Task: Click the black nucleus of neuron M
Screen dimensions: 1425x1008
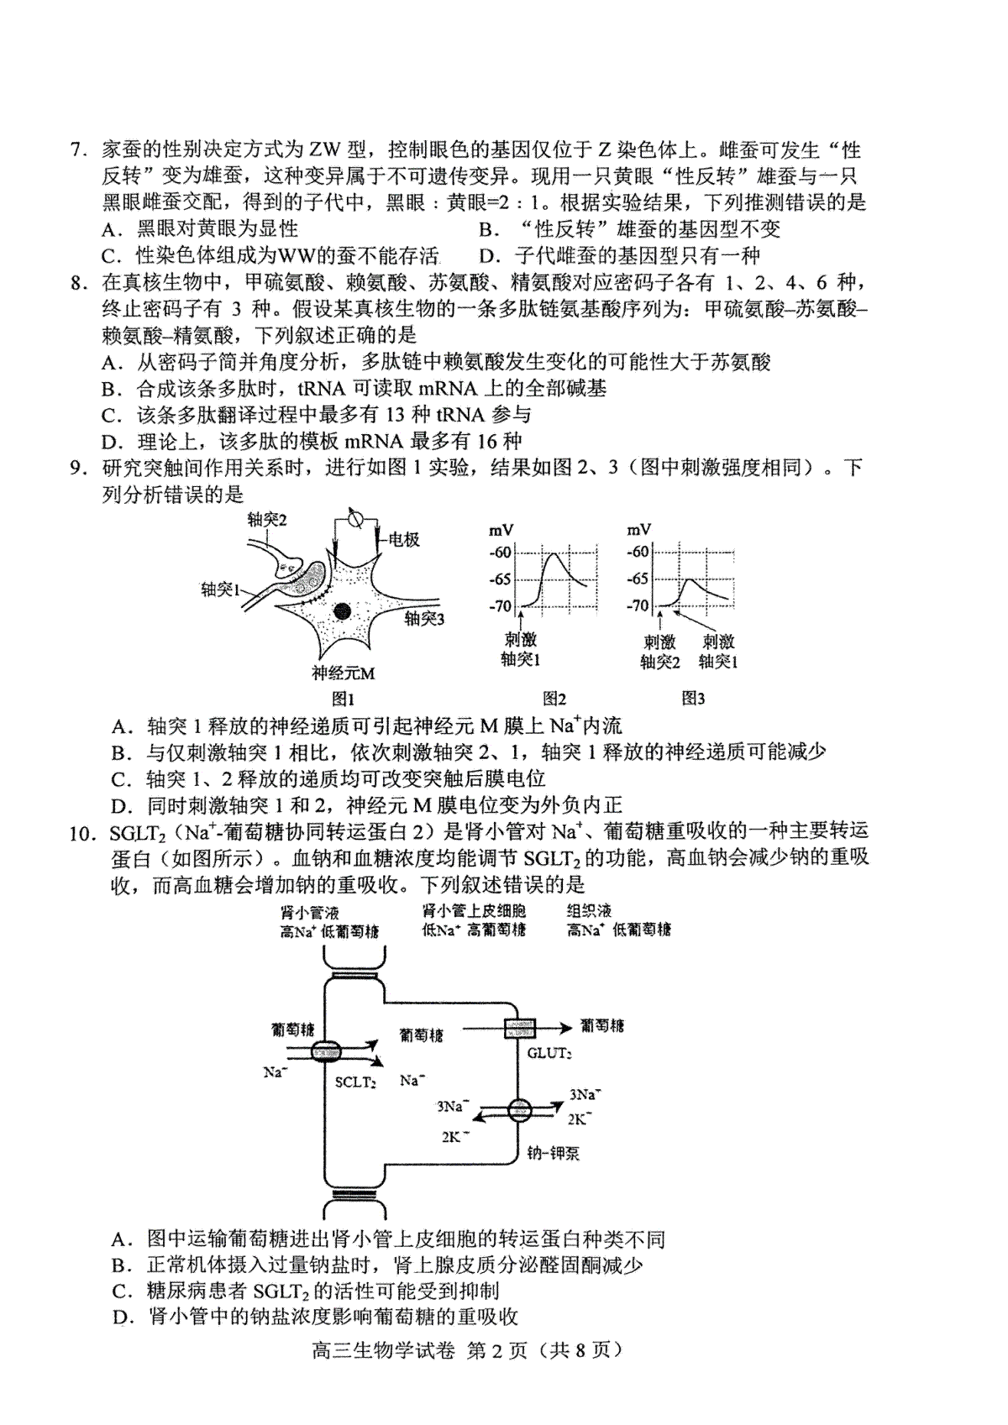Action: pyautogui.click(x=342, y=610)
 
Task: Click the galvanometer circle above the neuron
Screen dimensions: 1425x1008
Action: pyautogui.click(x=354, y=519)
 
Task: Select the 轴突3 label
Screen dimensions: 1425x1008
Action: pyautogui.click(x=423, y=620)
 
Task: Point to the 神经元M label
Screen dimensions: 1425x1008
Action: pyautogui.click(x=343, y=672)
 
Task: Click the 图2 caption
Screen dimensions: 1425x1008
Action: pyautogui.click(x=554, y=698)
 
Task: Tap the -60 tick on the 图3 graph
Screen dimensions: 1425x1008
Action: pyautogui.click(x=638, y=552)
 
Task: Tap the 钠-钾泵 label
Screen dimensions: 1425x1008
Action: pyautogui.click(x=554, y=1153)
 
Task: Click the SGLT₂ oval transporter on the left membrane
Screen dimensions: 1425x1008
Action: pyautogui.click(x=326, y=1051)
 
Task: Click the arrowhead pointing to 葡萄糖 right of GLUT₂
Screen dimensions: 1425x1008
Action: pyautogui.click(x=561, y=1027)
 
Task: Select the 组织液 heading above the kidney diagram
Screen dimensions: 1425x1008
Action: pyautogui.click(x=589, y=910)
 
